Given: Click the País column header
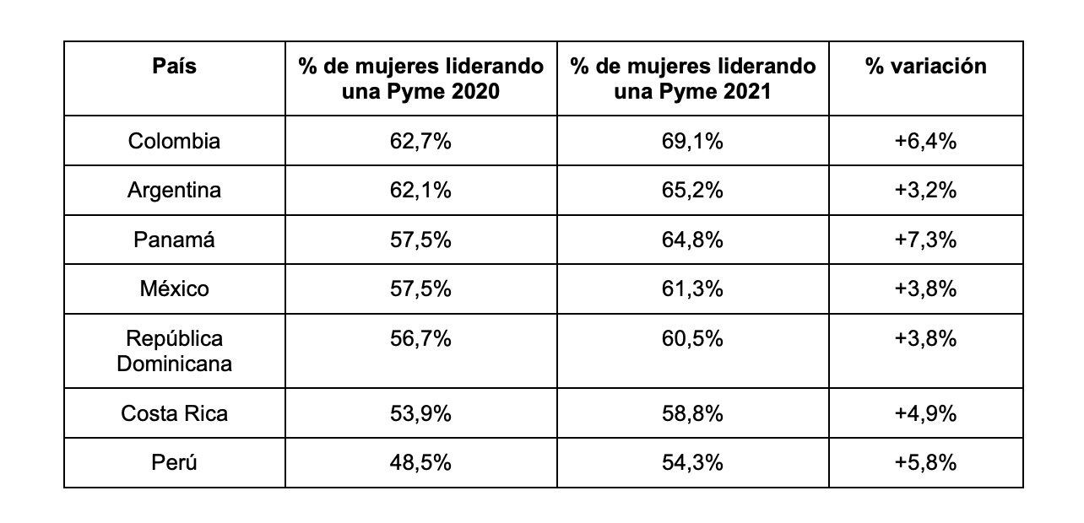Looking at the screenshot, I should (x=174, y=67).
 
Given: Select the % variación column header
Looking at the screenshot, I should (x=925, y=67).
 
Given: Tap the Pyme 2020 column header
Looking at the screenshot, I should (x=420, y=78).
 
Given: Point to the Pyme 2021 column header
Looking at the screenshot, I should (x=692, y=78).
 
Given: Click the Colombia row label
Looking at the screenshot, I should (x=174, y=141).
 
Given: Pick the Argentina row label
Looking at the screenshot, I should (x=174, y=191).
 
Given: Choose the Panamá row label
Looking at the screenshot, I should (x=174, y=240).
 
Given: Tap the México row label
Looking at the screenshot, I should (x=174, y=289).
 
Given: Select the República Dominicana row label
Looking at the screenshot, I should (x=174, y=351).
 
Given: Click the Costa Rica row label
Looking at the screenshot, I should (x=174, y=413).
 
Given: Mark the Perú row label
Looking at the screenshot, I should (x=174, y=462).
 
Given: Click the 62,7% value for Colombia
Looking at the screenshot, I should (x=420, y=141).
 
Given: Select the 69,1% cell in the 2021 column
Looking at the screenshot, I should (x=692, y=141).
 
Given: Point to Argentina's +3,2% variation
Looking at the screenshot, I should (x=925, y=191).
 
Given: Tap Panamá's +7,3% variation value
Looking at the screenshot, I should (x=925, y=240).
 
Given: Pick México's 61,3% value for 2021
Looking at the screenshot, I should (x=692, y=289).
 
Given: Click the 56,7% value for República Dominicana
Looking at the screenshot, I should (x=420, y=339).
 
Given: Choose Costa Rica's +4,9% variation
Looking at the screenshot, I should (x=925, y=413).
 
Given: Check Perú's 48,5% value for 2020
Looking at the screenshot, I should (x=420, y=462).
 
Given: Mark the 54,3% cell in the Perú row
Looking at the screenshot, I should (x=692, y=462).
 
